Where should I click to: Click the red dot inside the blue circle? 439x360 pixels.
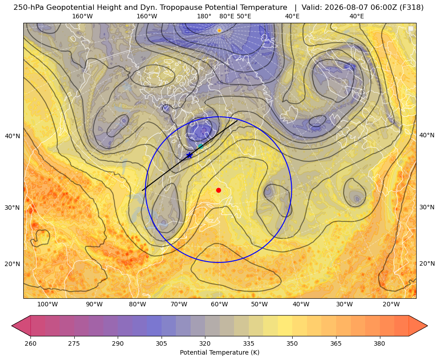pos(219,190)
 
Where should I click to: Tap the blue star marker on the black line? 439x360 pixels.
pos(190,155)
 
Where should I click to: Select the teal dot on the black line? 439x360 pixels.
pos(200,146)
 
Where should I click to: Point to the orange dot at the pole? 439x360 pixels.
pos(219,30)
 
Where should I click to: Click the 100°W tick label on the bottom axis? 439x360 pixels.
pos(47,305)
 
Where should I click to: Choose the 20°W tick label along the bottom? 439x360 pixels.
pos(391,305)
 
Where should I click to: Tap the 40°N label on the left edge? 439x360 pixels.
pos(13,136)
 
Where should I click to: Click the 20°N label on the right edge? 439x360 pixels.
pos(427,263)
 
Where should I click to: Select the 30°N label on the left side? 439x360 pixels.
pos(13,208)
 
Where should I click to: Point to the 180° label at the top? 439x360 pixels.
pos(204,16)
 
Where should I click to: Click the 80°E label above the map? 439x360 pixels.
pos(227,16)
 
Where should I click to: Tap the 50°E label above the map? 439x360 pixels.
pos(244,16)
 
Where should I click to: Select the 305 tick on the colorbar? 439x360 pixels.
pos(162,343)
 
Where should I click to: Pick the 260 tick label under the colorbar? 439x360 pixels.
pos(30,343)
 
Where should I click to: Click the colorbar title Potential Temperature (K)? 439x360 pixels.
pos(219,352)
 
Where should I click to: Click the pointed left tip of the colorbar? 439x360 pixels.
pos(12,326)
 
